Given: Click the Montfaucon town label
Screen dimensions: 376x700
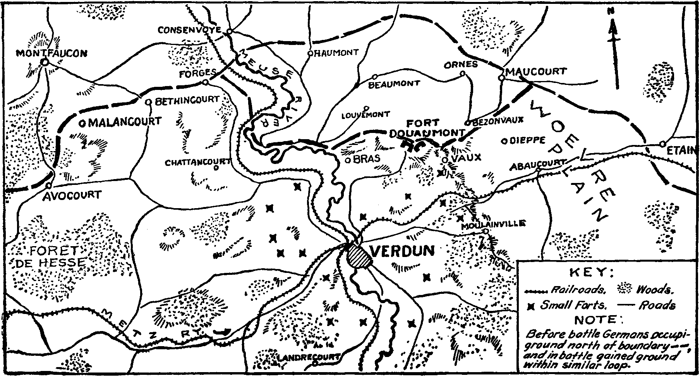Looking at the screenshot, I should (51, 53).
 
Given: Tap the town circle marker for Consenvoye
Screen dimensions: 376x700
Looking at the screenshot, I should (229, 31).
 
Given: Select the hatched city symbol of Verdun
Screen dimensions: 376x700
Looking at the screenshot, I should (359, 256).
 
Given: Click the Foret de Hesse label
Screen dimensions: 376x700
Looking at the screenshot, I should (50, 256).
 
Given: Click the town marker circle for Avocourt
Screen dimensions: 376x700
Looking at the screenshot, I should (49, 186).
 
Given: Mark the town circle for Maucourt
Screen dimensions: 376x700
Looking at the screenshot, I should (501, 78).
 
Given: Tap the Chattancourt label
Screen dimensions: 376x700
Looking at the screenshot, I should (197, 162).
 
